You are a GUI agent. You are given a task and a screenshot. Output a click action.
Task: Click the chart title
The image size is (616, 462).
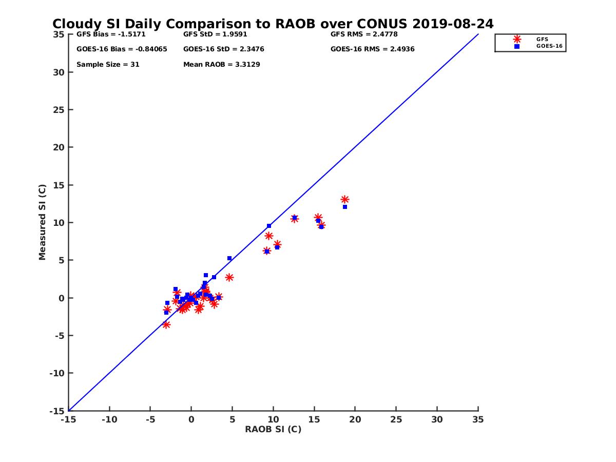pos(273,24)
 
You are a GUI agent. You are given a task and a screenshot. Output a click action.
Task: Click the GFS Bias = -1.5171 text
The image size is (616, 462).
pos(107,34)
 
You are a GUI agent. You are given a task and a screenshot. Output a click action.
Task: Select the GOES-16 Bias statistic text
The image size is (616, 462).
pos(122,49)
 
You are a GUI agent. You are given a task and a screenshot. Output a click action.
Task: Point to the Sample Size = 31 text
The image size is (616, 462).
pos(108,65)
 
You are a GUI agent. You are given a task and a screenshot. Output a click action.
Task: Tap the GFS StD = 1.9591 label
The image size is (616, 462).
pos(215,34)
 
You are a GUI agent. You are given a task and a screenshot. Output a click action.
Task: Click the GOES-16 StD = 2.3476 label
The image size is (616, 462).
pos(224,49)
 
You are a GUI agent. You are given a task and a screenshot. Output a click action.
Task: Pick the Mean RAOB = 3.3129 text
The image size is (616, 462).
pos(221,65)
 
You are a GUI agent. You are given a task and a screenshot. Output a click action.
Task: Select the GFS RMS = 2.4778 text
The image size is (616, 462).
pos(364,34)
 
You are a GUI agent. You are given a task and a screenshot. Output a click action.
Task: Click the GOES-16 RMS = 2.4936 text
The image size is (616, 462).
pos(372,49)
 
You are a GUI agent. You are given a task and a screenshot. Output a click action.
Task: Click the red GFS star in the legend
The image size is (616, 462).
pos(517,39)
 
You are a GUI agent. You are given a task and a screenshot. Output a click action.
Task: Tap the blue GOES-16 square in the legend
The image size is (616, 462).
pos(517,46)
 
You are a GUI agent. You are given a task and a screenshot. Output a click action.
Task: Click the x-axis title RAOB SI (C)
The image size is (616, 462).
pos(273,429)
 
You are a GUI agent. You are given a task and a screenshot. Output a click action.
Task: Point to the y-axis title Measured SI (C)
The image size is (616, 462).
pos(42,222)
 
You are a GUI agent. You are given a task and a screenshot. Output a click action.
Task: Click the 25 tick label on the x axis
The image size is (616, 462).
pos(396,419)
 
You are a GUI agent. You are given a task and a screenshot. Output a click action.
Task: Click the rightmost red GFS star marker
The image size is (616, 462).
pos(345,199)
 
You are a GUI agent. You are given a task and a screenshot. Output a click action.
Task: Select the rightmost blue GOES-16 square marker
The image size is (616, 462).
pos(345,207)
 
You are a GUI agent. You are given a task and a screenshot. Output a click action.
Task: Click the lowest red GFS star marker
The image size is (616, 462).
pos(166,324)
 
